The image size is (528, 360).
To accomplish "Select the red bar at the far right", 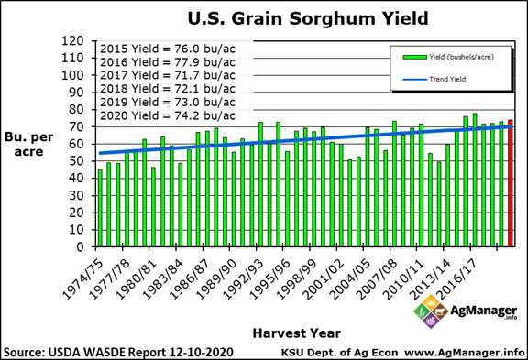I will click(x=511, y=183).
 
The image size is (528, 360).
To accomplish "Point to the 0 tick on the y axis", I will click(x=81, y=246).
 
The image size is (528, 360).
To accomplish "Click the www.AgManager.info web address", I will click(x=464, y=352).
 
